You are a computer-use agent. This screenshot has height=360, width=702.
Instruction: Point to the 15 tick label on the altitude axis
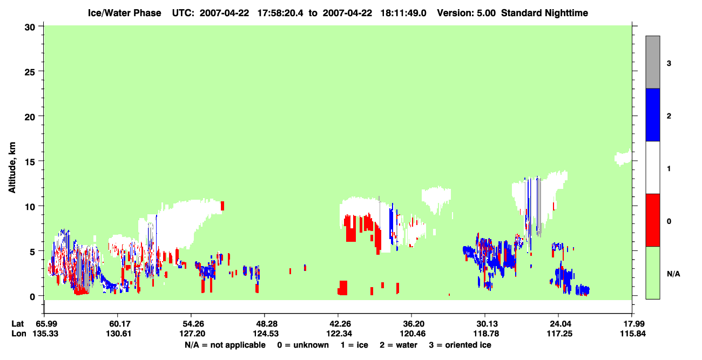pyautogui.click(x=30, y=162)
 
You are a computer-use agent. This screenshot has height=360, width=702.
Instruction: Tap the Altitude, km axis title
pyautogui.click(x=12, y=167)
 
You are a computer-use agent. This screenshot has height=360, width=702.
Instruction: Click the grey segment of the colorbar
pyautogui.click(x=652, y=62)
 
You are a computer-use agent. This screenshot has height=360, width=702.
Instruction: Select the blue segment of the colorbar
pyautogui.click(x=652, y=114)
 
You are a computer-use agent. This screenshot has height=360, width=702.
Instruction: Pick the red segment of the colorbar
pyautogui.click(x=652, y=220)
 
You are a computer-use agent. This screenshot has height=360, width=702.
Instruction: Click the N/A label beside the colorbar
pyautogui.click(x=673, y=274)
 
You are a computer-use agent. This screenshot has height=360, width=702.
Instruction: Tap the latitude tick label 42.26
pyautogui.click(x=339, y=324)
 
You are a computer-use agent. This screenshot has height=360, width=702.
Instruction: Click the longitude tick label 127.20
pyautogui.click(x=192, y=334)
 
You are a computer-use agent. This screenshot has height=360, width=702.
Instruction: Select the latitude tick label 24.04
pyautogui.click(x=560, y=324)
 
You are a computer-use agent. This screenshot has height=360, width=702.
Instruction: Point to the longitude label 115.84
pyautogui.click(x=633, y=334)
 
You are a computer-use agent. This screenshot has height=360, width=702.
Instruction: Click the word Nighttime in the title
pyautogui.click(x=566, y=13)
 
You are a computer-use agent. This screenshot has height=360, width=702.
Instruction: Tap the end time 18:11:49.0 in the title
pyautogui.click(x=403, y=13)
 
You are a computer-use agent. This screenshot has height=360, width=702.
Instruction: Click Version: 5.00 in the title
pyautogui.click(x=467, y=13)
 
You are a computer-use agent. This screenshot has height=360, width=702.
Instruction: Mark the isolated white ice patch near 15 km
pyautogui.click(x=623, y=158)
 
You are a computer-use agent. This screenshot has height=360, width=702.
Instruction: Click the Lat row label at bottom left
pyautogui.click(x=18, y=324)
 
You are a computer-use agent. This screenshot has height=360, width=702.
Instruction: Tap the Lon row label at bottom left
pyautogui.click(x=19, y=334)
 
